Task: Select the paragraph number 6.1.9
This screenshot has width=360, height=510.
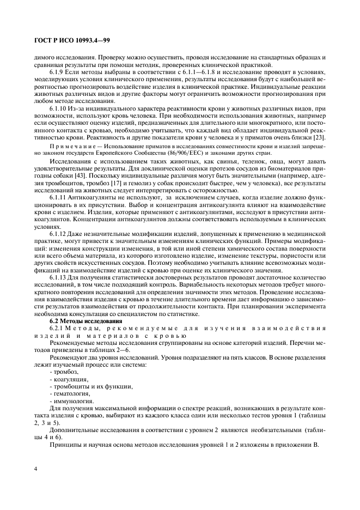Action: [58, 72]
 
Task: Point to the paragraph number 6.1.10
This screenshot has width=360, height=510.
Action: [60, 110]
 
